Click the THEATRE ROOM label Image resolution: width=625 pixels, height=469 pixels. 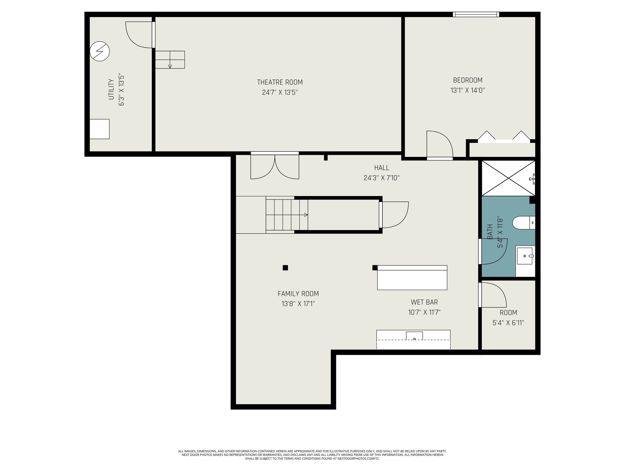point(280,82)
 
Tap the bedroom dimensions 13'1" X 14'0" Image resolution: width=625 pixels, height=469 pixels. point(468,90)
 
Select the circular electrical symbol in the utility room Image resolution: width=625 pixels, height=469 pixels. point(99,52)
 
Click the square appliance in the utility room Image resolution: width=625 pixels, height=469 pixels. point(99,129)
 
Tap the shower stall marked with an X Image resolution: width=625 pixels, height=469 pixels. point(508,178)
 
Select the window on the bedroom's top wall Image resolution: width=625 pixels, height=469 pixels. point(476,14)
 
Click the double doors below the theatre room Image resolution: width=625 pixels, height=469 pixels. point(275,166)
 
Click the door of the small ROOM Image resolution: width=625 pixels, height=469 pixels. point(492,295)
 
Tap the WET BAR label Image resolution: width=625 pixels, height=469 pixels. point(424,302)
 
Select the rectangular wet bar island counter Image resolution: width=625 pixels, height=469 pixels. point(412,278)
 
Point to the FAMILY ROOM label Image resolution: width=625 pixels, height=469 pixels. point(298,294)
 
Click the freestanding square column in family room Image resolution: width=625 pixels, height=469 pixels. point(285,268)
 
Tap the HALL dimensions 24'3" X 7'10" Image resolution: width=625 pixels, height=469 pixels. point(381,178)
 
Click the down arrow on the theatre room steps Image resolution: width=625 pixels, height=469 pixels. point(170,66)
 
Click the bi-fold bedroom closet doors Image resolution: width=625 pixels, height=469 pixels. point(504,136)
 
